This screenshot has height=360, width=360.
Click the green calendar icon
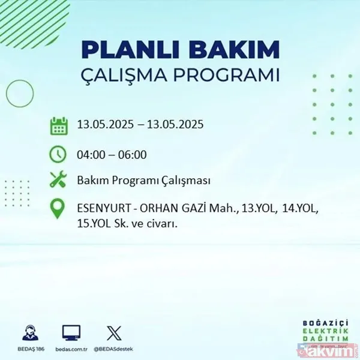tap(58, 126)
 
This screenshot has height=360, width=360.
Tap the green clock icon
tap(58, 154)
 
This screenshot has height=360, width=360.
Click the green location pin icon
tap(58, 209)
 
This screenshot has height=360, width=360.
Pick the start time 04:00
tap(90, 154)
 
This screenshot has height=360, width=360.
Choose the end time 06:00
tap(133, 154)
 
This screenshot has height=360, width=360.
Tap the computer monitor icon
tap(71, 332)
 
